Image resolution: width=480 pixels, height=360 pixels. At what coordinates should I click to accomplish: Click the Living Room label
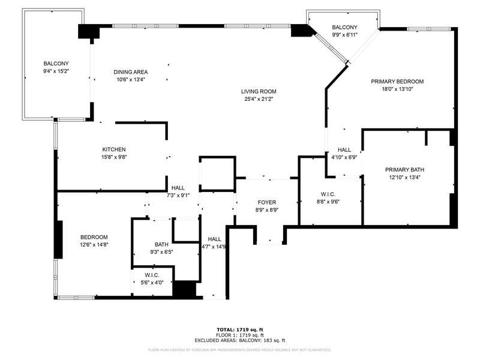259,91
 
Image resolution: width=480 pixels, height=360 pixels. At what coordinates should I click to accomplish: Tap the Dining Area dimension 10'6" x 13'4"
131,79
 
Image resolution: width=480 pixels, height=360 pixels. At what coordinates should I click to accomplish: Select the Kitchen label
113,149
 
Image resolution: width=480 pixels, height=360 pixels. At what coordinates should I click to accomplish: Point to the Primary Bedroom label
397,82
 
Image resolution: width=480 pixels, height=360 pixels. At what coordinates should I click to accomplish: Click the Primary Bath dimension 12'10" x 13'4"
404,177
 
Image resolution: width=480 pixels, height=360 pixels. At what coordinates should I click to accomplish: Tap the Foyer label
267,202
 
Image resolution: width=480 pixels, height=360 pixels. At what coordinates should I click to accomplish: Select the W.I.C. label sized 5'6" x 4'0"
151,275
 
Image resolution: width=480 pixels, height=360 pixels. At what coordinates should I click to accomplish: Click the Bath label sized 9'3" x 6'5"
161,244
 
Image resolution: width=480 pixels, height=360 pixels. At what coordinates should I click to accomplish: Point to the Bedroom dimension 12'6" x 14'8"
94,244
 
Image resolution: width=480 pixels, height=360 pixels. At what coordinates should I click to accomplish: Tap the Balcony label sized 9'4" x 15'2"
56,64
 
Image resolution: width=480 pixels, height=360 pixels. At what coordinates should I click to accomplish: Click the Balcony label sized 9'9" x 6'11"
345,28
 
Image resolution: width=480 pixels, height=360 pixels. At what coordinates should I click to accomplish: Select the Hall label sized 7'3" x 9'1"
178,187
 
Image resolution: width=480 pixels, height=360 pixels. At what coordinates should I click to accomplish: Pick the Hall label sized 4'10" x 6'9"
344,150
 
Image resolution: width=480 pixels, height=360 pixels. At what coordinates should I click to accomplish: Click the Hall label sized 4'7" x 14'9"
214,239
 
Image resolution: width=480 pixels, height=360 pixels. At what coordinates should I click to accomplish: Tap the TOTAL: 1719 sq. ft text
240,330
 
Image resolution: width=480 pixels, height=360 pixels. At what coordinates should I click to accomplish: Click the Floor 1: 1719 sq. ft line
240,335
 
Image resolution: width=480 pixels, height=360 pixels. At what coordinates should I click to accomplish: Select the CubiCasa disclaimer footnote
240,350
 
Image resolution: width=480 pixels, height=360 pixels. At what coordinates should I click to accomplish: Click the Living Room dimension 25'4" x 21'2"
259,99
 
